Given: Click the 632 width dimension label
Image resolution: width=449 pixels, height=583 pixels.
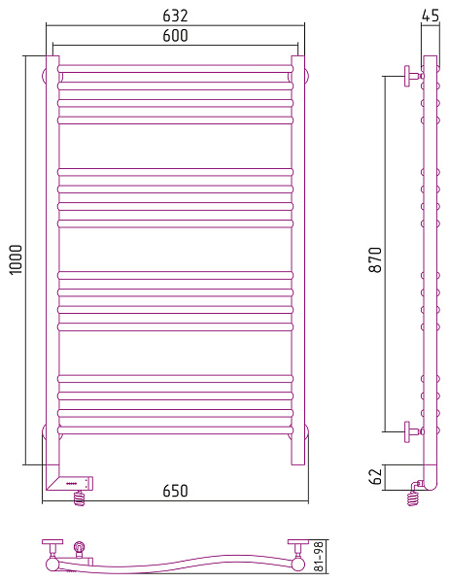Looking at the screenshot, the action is coord(175,16).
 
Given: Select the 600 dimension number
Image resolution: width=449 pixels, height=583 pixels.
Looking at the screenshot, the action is coord(175,36).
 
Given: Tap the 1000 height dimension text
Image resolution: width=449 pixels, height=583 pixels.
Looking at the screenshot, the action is coord(17,259).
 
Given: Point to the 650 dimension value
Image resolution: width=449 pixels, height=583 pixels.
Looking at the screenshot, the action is coord(175,491).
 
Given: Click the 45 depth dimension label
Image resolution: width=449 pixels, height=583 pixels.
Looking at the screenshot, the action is coord(431,16).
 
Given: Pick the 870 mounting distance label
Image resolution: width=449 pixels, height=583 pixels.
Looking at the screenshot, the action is coord(376,259).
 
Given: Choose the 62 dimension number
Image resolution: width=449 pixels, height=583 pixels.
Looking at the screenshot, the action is coord(376,477).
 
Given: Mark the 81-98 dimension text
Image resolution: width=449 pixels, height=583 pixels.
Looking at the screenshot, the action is coord(320,556).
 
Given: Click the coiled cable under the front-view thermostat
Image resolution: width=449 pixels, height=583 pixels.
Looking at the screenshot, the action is coord(79,497).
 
